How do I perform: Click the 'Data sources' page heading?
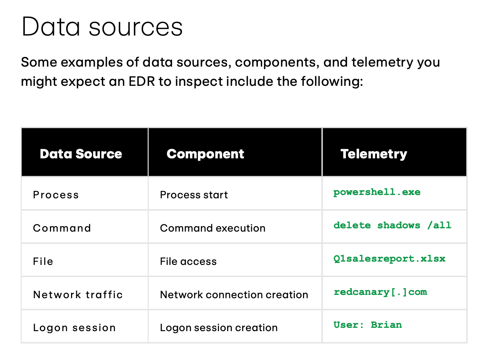(102, 27)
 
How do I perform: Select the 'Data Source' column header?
(81, 154)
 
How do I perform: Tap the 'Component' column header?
(205, 154)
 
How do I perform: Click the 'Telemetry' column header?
(374, 154)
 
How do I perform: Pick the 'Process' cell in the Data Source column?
(56, 195)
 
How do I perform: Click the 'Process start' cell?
(194, 195)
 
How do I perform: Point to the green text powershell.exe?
(377, 192)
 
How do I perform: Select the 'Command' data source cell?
(62, 228)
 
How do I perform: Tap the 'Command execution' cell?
(213, 228)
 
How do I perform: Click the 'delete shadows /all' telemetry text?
(392, 225)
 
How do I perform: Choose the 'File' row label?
(43, 262)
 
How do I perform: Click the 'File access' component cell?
(188, 262)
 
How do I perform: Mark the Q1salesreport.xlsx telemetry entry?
(389, 259)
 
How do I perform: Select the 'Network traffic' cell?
(78, 295)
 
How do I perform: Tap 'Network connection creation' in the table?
(234, 295)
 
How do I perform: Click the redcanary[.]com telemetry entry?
(380, 292)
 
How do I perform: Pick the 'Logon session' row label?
(74, 328)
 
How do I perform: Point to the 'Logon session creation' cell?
(219, 328)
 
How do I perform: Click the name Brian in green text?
(386, 325)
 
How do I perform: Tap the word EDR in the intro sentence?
(142, 81)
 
